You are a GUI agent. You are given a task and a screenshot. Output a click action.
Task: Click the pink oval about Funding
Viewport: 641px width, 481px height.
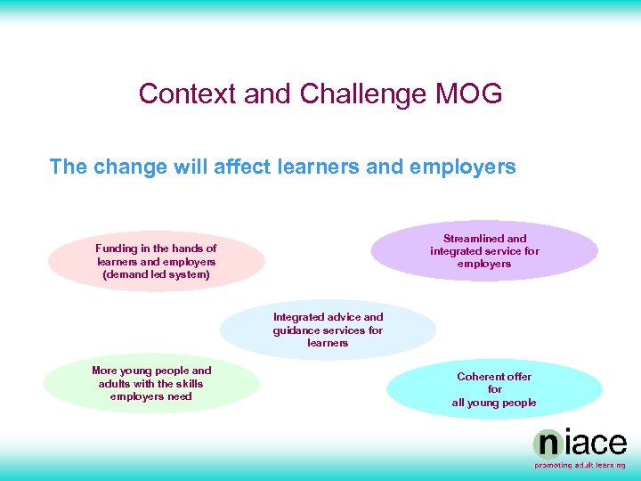tap(156, 262)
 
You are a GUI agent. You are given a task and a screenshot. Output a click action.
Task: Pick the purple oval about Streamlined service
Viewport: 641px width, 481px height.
tap(484, 251)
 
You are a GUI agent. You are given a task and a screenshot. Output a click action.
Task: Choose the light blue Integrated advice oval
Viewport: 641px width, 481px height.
tap(328, 330)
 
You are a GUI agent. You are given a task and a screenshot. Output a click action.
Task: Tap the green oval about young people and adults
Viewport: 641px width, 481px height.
tap(151, 384)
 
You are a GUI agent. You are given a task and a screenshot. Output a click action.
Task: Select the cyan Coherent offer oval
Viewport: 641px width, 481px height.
tap(494, 389)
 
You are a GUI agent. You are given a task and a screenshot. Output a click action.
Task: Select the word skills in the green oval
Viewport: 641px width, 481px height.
tap(183, 384)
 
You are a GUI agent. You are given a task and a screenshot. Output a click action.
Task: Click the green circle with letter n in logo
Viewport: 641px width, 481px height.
tap(547, 444)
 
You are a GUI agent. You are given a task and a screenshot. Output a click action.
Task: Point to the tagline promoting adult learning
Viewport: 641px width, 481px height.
tap(580, 465)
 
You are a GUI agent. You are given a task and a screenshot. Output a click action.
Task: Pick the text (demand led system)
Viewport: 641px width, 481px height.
tap(156, 274)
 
